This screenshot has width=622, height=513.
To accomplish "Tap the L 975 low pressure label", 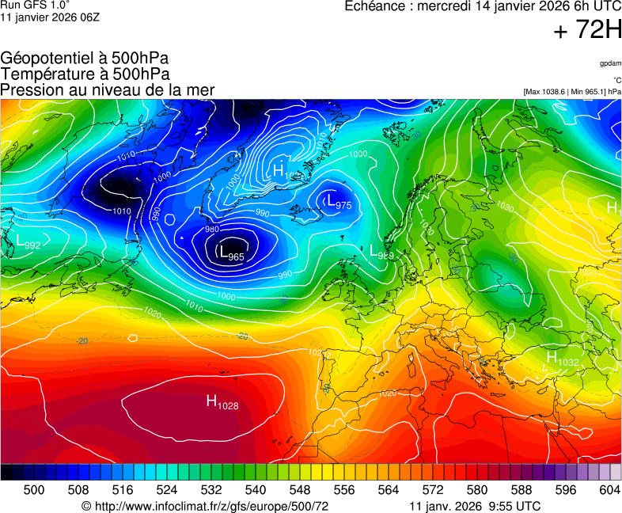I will (x=338, y=201).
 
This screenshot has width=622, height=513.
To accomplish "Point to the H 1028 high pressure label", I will (x=222, y=402).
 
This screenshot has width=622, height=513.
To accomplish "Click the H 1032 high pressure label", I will (x=562, y=359).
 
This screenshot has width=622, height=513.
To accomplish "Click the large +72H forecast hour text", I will (x=587, y=31).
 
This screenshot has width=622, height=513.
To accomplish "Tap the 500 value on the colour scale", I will (x=34, y=490).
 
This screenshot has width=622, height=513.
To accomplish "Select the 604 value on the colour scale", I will (x=609, y=490).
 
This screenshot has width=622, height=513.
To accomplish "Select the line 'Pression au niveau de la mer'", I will (x=107, y=90).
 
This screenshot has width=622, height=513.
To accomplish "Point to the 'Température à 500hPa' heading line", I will (x=85, y=74).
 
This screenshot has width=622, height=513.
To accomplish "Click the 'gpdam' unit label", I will (x=609, y=63).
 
